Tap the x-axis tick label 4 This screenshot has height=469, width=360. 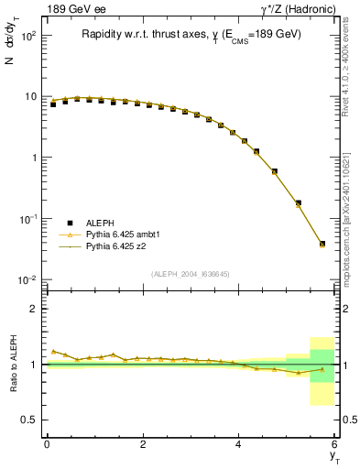pyautogui.click(x=239, y=445)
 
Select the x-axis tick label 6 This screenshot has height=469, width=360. pyautogui.click(x=335, y=445)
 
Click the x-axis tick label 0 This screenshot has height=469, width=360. pyautogui.click(x=47, y=445)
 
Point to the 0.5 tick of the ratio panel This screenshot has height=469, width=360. pyautogui.click(x=29, y=420)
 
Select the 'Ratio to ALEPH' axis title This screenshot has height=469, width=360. pyautogui.click(x=12, y=365)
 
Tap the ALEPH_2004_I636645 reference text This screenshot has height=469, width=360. pyautogui.click(x=191, y=274)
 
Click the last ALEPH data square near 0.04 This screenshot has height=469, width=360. pyautogui.click(x=322, y=244)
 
